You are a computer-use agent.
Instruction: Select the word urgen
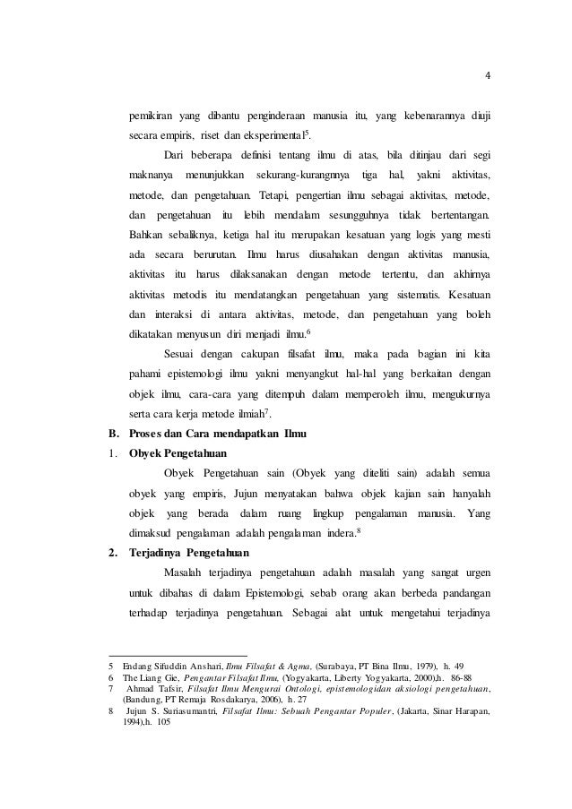475,572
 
